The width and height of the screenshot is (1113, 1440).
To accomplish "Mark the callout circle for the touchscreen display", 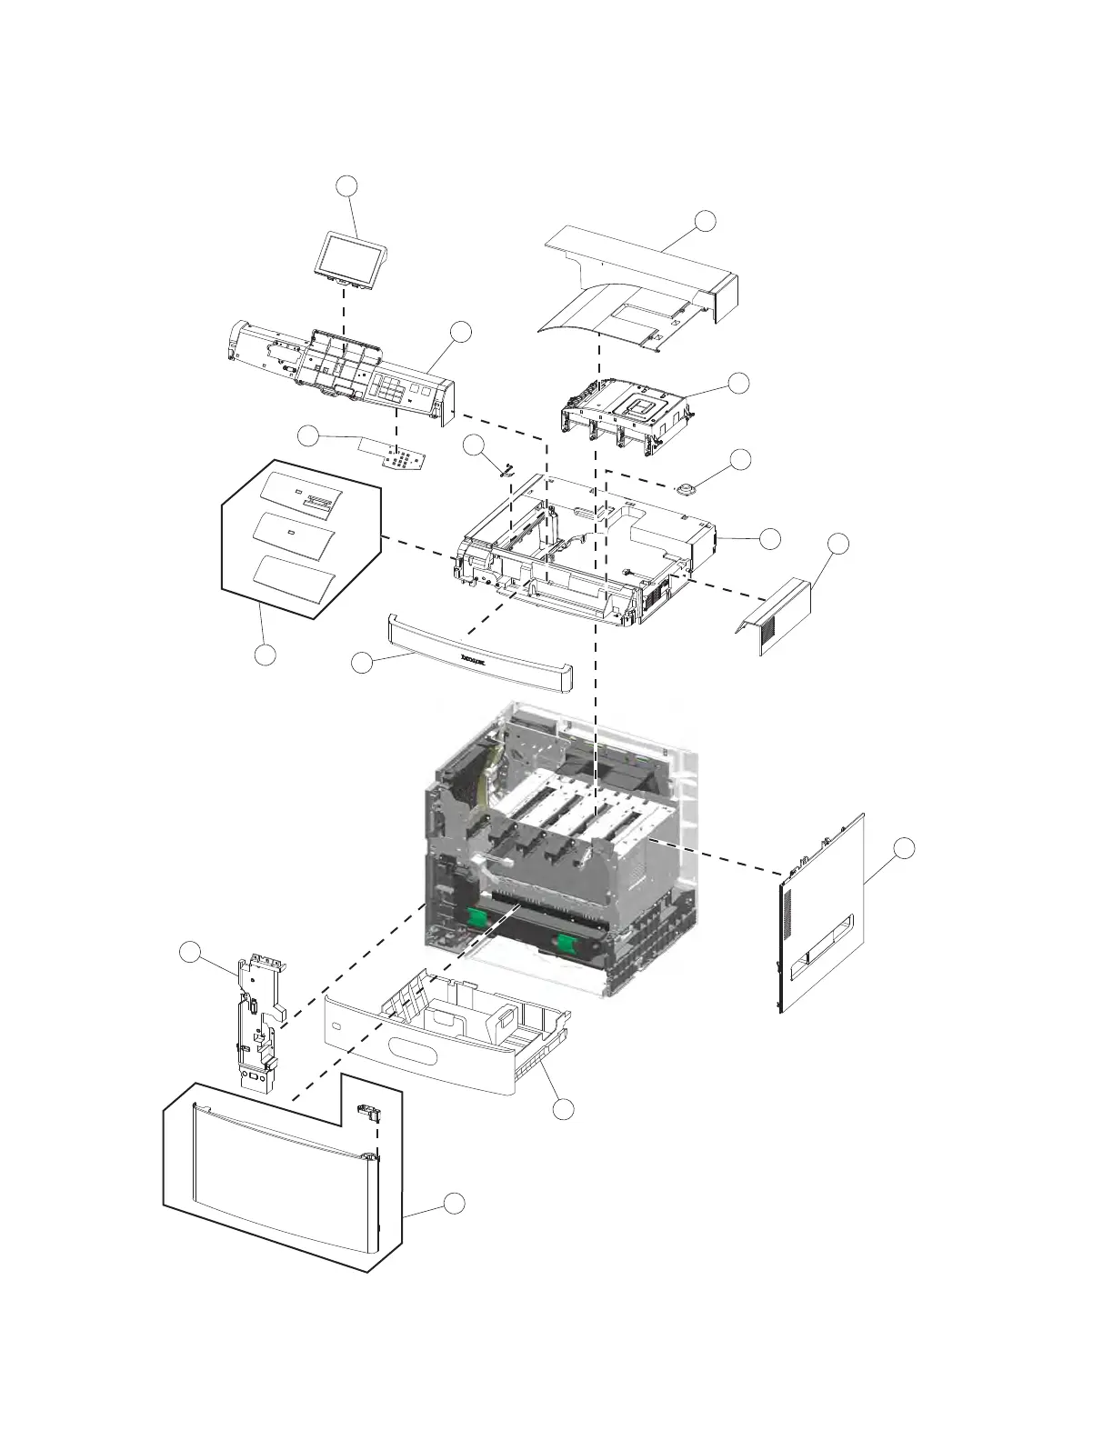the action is [346, 186].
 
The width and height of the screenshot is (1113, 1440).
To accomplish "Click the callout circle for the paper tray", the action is [564, 1109].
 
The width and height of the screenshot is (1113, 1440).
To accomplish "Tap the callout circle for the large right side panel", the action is [903, 848].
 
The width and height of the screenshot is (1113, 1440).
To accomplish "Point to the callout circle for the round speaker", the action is [742, 459].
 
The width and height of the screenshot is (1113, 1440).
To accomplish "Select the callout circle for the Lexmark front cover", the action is [362, 665].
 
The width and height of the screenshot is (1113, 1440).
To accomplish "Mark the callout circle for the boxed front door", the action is [456, 1204].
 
